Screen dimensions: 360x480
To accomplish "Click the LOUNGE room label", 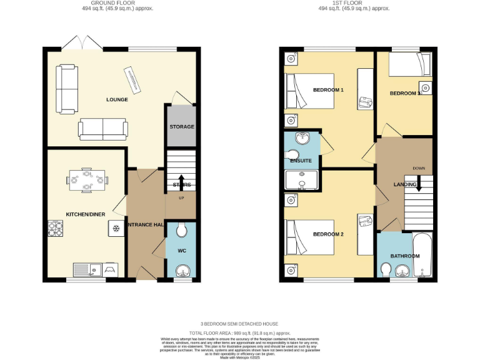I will click(117, 99).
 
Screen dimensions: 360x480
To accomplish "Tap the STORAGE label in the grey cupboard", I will click(182, 127).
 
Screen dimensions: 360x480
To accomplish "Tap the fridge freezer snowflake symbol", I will click(116, 228).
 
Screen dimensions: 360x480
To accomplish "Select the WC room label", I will click(182, 251).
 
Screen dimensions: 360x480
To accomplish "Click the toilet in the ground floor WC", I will click(182, 232).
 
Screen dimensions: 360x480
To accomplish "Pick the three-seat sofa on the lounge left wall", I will click(67, 88).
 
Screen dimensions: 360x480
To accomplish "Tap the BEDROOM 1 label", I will click(328, 90).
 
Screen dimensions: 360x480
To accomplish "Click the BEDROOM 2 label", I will click(328, 234).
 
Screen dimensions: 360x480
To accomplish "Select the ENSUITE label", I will click(301, 161).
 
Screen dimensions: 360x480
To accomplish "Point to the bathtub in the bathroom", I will click(423, 255).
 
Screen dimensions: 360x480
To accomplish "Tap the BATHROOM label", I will click(405, 256).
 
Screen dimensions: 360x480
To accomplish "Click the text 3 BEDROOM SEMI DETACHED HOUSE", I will click(240, 324).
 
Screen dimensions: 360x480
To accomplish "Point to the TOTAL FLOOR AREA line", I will click(240, 334).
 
